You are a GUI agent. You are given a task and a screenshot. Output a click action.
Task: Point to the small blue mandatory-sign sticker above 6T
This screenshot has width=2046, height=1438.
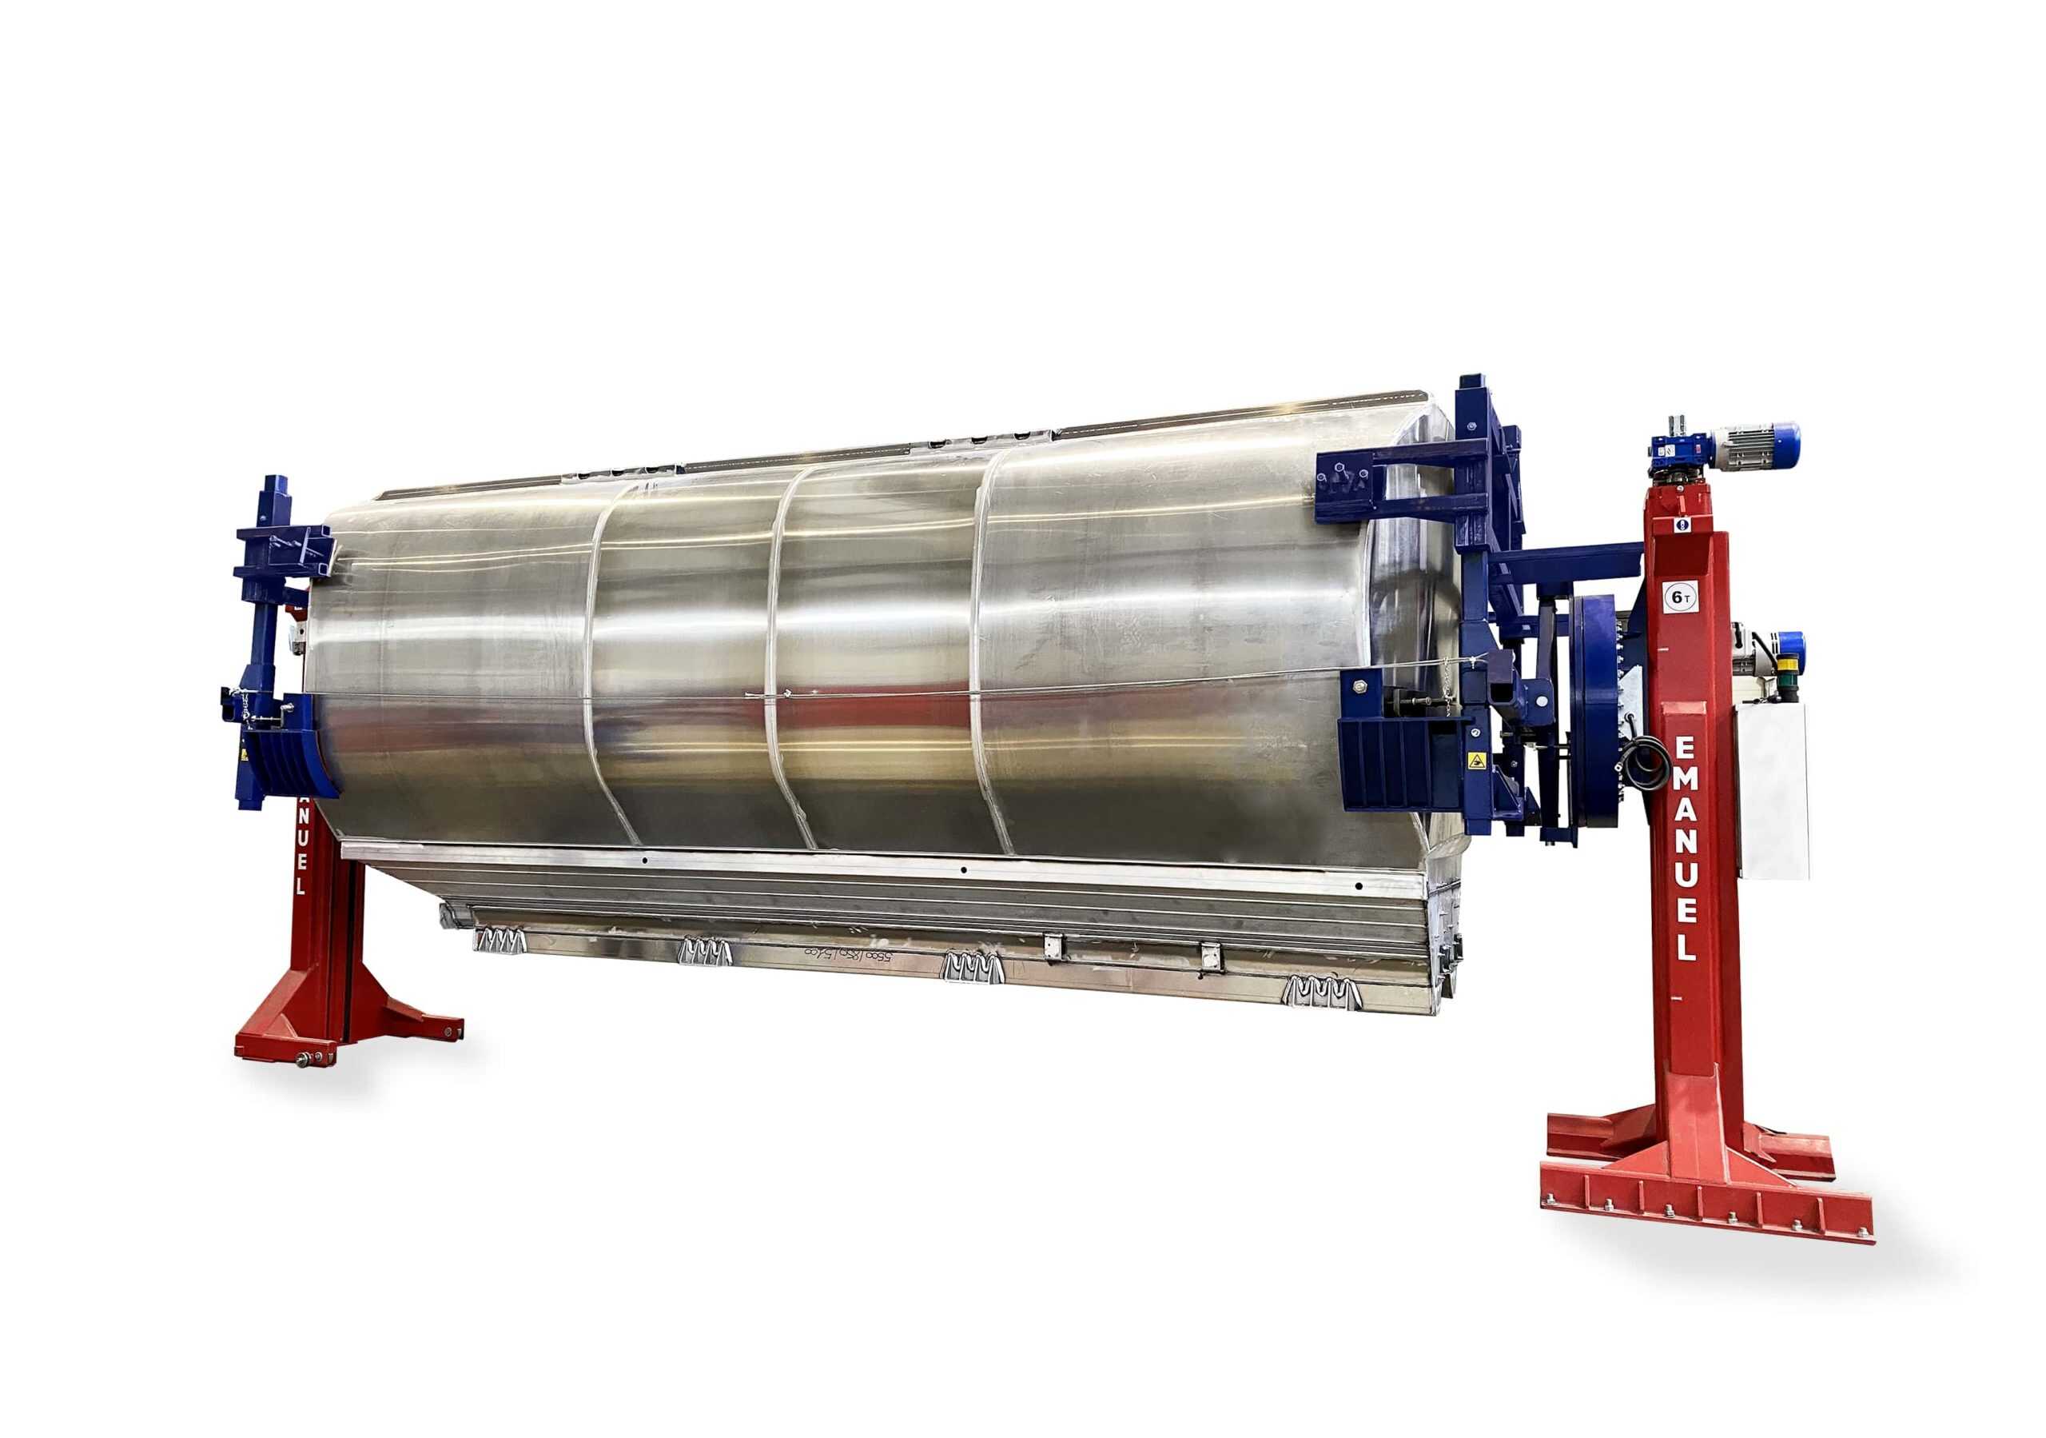pyautogui.click(x=1681, y=525)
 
